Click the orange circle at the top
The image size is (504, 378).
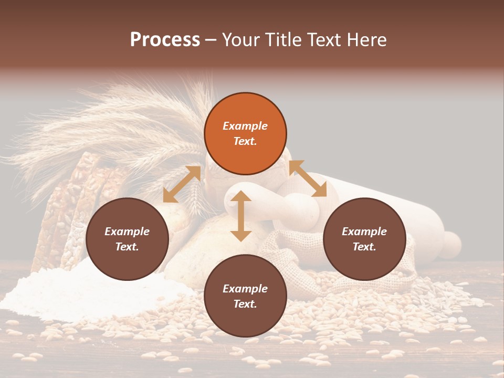245,133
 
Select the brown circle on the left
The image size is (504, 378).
127,239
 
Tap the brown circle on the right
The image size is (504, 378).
364,239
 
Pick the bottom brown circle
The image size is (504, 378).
245,296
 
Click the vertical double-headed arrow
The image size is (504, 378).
241,216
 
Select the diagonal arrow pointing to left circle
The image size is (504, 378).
182,184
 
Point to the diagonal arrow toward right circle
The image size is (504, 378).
308,178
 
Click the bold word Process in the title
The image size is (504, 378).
165,40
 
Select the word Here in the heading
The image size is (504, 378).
366,40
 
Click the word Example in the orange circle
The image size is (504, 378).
245,126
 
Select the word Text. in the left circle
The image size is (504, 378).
127,247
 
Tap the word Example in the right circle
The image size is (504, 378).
364,232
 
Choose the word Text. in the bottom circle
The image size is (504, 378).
245,304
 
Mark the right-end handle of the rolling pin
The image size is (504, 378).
450,244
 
